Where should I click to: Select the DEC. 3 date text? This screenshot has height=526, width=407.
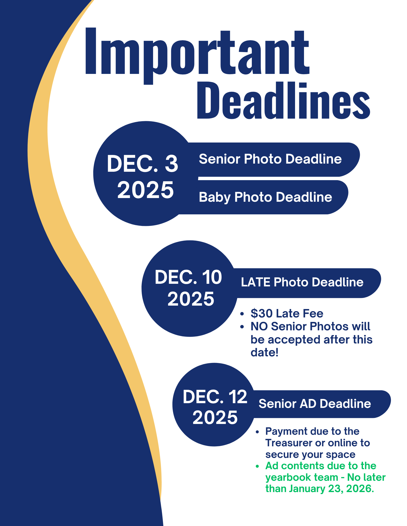click(143, 164)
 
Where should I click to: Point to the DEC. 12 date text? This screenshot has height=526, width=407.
click(215, 397)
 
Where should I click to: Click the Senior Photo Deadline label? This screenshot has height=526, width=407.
click(270, 159)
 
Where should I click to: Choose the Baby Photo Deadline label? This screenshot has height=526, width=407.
click(266, 197)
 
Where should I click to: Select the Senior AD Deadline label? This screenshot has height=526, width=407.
click(315, 404)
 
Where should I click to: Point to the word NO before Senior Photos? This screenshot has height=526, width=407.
click(259, 326)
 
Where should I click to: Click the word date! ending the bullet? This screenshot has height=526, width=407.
click(264, 352)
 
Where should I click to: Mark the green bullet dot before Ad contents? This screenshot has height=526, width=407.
click(257, 466)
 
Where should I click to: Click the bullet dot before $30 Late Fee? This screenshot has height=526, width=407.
click(242, 313)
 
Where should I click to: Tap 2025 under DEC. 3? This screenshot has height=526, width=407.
click(145, 190)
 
